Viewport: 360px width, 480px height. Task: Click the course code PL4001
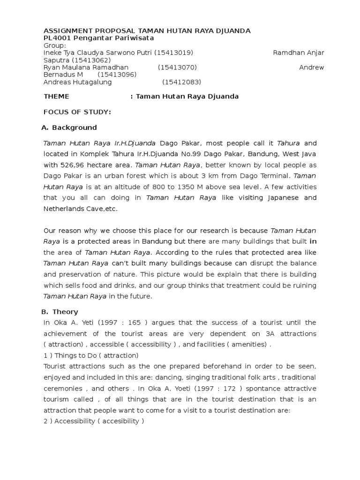56,38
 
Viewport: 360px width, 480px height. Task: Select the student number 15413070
178,67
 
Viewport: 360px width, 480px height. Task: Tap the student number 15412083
182,82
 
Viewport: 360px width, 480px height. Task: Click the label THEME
56,96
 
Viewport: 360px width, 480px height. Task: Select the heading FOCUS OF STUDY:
77,112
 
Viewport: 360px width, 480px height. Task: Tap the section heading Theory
65,312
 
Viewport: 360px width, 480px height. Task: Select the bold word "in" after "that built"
314,241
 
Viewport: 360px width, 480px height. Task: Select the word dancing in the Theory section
173,377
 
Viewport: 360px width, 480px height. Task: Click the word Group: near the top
54,45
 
